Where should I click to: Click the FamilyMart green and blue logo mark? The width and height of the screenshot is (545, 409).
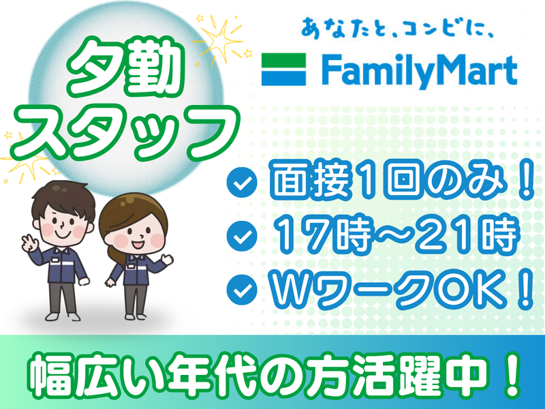pyautogui.click(x=283, y=70)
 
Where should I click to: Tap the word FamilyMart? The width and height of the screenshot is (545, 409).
pyautogui.click(x=419, y=72)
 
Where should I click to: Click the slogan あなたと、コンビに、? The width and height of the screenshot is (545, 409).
pyautogui.click(x=397, y=28)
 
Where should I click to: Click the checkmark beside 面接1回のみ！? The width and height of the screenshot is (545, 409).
pyautogui.click(x=242, y=182)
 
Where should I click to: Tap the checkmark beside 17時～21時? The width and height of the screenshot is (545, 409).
pyautogui.click(x=242, y=236)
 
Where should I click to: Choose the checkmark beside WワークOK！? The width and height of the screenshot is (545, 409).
pyautogui.click(x=242, y=289)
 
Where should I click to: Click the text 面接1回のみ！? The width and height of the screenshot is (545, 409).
pyautogui.click(x=402, y=181)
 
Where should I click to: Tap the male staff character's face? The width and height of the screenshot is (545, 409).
pyautogui.click(x=63, y=223)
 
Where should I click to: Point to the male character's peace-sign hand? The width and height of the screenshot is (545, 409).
pyautogui.click(x=29, y=243)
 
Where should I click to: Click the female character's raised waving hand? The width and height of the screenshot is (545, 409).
pyautogui.click(x=168, y=259)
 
